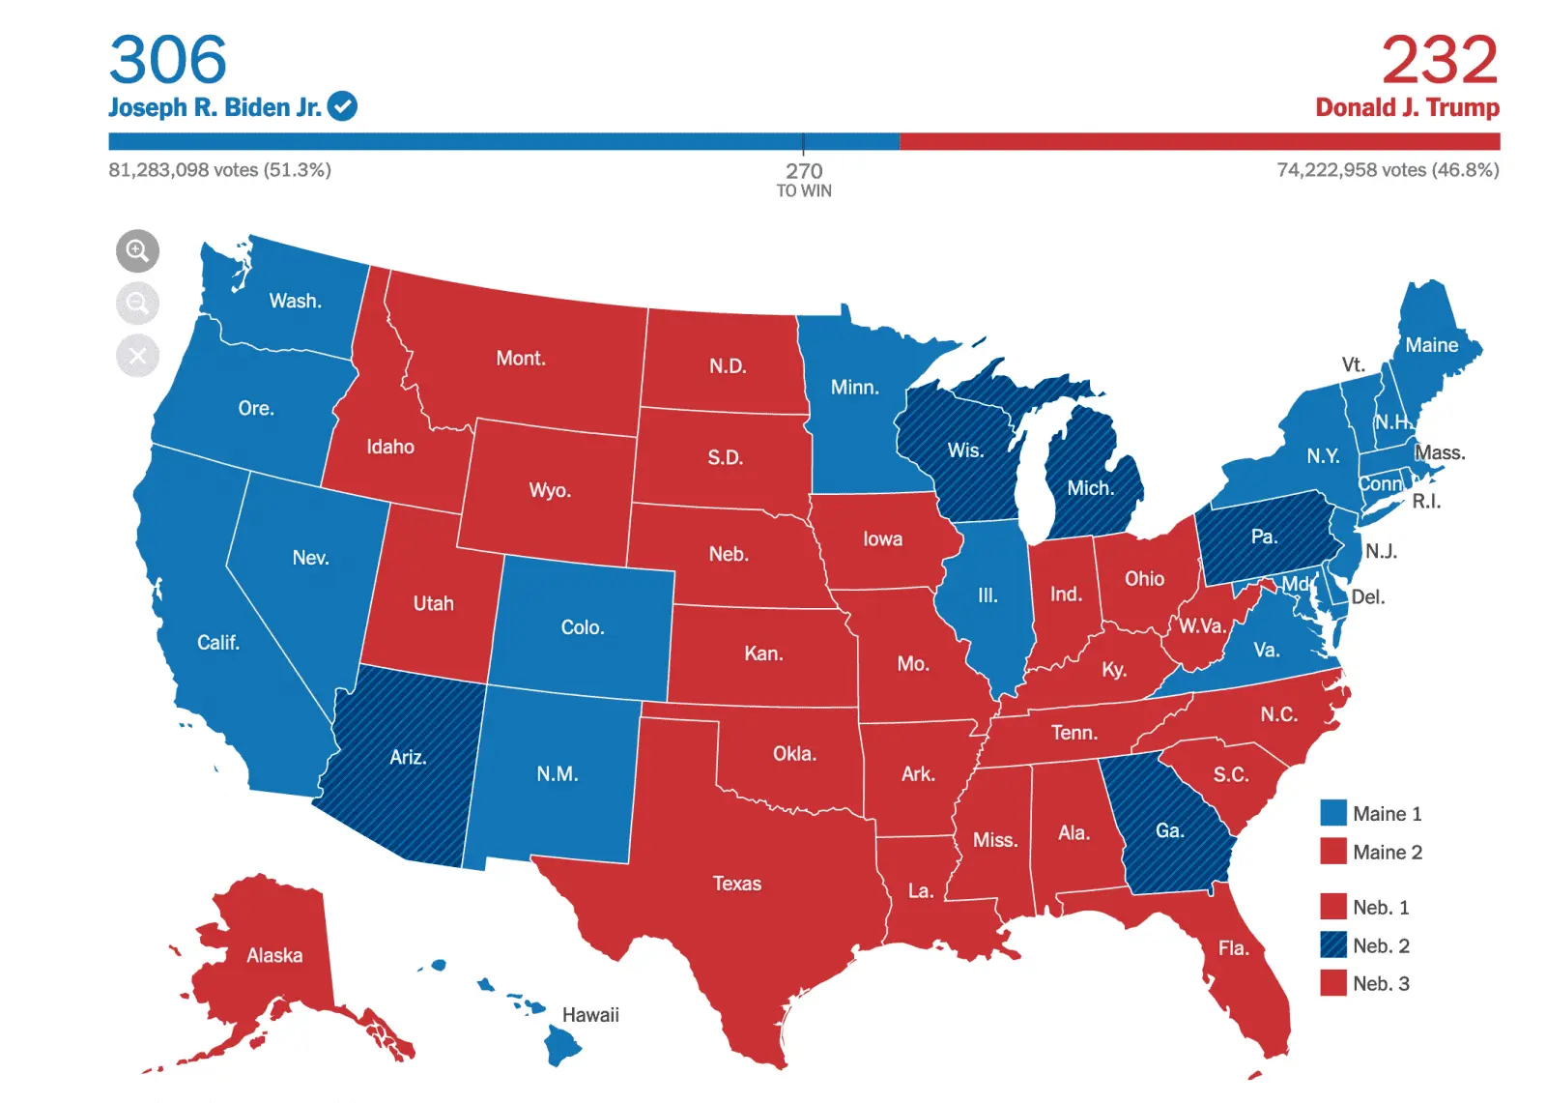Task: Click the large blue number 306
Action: (168, 60)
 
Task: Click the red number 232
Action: (1439, 60)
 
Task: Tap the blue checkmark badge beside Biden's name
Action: (342, 106)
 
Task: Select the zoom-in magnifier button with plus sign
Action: (137, 251)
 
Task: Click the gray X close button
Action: (137, 356)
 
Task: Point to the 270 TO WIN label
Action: (804, 179)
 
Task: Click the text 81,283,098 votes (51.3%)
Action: (219, 170)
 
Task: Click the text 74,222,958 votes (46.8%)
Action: (1388, 170)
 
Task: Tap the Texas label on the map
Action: (736, 884)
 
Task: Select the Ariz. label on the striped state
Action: (408, 757)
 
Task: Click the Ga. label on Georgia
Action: (1169, 830)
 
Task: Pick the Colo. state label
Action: (583, 627)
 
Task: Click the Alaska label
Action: (274, 955)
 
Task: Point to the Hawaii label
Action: (590, 1015)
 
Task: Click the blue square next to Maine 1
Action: (1333, 813)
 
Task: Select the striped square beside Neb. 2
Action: (1333, 944)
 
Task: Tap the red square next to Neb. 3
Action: (1333, 983)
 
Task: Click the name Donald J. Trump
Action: (1407, 107)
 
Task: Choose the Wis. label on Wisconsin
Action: (964, 450)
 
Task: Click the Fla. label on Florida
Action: (1233, 948)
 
